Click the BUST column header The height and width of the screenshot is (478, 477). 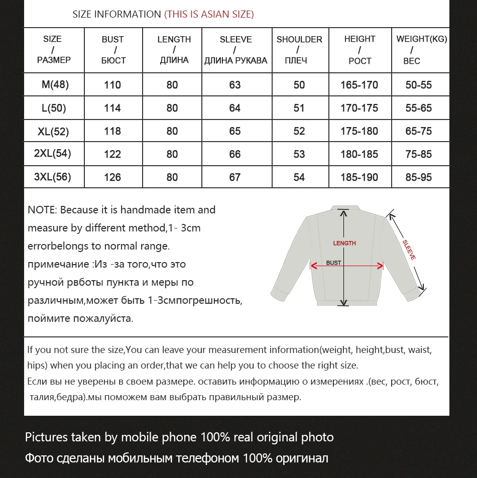click(113, 50)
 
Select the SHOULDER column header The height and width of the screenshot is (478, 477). click(299, 50)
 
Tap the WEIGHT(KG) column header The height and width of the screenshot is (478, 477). click(421, 50)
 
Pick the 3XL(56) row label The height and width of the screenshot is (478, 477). click(53, 177)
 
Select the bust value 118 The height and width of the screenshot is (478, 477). click(112, 131)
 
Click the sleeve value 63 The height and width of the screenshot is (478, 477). click(235, 85)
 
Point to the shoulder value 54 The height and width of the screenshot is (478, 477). click(299, 177)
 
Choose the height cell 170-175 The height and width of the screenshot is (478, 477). click(360, 108)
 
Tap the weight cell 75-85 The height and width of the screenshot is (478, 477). click(419, 154)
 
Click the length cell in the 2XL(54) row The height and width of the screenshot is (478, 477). click(172, 154)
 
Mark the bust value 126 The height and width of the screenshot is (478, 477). click(112, 177)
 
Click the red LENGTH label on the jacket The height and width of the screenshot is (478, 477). click(344, 244)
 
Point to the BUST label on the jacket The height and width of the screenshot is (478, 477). click(333, 263)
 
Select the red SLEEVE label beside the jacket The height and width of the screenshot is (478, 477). click(409, 250)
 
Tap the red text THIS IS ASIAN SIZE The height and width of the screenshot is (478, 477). click(209, 14)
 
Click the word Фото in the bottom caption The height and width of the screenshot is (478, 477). click(41, 458)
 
